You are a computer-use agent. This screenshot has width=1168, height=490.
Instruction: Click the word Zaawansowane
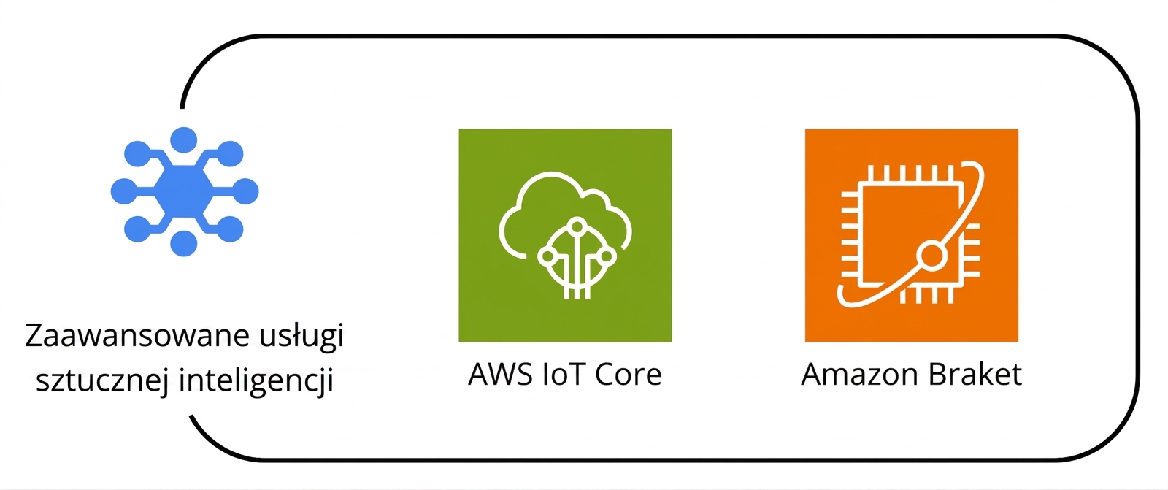click(x=138, y=335)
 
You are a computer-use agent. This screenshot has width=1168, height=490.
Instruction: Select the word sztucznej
click(x=102, y=380)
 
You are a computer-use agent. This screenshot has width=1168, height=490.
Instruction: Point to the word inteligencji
click(x=256, y=380)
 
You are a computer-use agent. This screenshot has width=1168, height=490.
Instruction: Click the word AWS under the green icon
click(x=501, y=374)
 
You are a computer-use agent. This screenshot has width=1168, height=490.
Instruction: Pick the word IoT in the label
click(x=564, y=374)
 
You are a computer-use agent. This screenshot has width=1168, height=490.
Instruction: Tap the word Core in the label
click(x=629, y=374)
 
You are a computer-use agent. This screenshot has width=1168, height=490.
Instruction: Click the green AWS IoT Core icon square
click(x=565, y=235)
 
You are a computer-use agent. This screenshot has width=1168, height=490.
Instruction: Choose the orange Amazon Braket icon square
click(x=912, y=235)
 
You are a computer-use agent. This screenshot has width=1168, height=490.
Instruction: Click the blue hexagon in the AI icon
click(x=184, y=192)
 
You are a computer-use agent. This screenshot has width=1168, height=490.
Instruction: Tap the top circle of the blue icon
click(x=183, y=140)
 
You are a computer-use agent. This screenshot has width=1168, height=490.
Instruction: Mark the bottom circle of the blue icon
click(x=183, y=243)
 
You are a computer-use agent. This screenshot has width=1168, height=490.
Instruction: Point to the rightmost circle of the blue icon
click(x=245, y=191)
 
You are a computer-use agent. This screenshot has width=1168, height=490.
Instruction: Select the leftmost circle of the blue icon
click(x=124, y=191)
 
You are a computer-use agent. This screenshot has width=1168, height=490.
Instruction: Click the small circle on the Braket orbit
click(x=931, y=256)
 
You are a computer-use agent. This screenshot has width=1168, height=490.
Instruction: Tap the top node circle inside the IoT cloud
click(x=577, y=226)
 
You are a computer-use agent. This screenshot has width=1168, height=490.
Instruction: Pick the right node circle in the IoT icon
click(x=607, y=256)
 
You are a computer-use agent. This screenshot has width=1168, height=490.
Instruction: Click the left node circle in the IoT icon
click(x=547, y=256)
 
